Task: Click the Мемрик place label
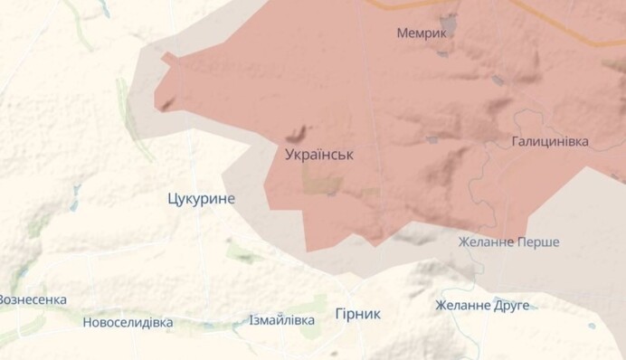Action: [x=422, y=33]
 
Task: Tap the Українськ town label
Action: [x=318, y=155]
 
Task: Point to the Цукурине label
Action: [x=201, y=198]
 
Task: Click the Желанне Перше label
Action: [x=508, y=242]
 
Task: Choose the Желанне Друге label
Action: [x=482, y=306]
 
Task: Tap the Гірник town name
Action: [x=357, y=314]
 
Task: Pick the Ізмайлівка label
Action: [x=282, y=320]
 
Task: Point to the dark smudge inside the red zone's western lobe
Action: [x=166, y=104]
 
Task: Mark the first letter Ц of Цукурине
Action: [x=172, y=198]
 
